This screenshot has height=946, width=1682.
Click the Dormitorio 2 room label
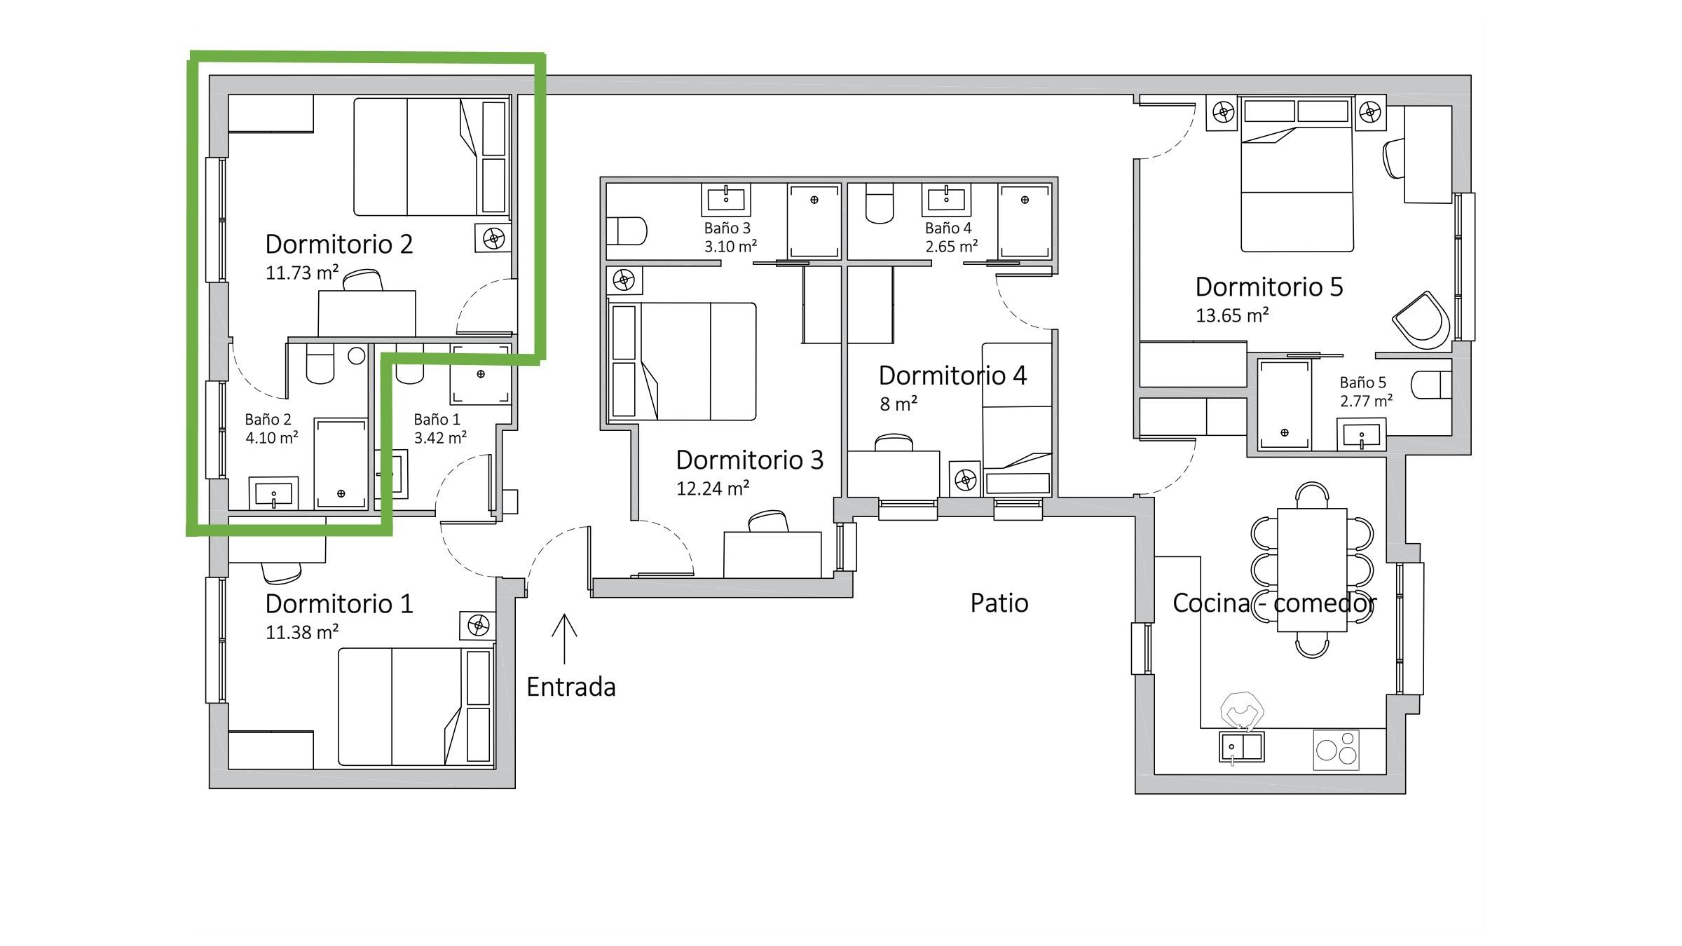coord(339,244)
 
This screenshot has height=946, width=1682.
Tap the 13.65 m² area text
coord(1232,315)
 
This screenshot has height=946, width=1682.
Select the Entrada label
coord(571,687)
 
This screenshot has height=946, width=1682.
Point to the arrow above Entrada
coord(564,638)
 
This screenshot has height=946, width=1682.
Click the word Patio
coord(999,603)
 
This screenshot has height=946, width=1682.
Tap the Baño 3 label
coord(727,228)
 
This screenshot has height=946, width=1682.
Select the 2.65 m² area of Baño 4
coord(952,247)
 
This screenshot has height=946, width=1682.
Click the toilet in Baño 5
coord(1430,385)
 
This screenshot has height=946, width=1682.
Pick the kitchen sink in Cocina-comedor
coord(1241,747)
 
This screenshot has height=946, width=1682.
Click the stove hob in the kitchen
coord(1336,750)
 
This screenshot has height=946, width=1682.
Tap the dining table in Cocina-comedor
coord(1312,570)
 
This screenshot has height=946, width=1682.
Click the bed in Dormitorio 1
coord(416,706)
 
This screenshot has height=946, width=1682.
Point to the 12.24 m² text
coord(713,488)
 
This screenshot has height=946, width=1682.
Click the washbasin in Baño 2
coord(274,494)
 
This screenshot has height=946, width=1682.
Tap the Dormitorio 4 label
coord(952,376)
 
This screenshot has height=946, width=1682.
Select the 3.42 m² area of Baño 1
coord(440,438)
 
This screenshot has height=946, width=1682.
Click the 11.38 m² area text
coord(302,632)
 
